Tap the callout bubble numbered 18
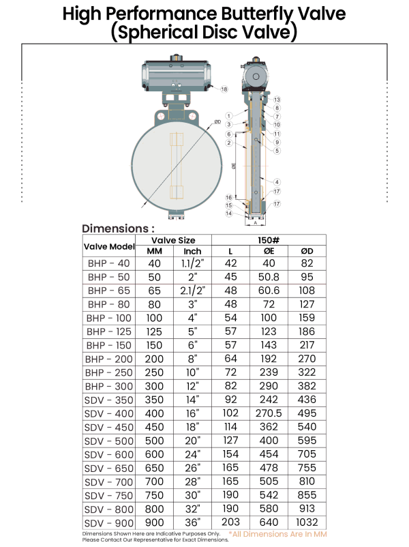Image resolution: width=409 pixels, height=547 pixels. (x=224, y=89)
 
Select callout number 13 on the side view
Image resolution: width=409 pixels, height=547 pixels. (x=277, y=100)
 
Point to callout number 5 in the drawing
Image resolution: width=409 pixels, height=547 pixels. (x=277, y=151)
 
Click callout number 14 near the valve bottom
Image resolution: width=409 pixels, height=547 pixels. (x=229, y=213)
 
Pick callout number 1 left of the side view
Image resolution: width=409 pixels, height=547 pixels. (x=229, y=116)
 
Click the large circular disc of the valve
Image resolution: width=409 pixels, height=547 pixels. (x=177, y=166)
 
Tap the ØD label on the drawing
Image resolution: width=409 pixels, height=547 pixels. (x=217, y=122)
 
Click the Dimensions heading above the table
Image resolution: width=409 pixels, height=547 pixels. (x=118, y=228)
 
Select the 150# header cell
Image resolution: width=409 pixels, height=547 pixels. (x=269, y=240)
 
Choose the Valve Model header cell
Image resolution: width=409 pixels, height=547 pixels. (x=109, y=246)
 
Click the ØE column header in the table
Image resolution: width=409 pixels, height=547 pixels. (x=269, y=251)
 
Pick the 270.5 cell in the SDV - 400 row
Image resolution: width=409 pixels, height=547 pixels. (x=269, y=413)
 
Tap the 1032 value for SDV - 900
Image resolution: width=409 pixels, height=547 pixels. (x=307, y=522)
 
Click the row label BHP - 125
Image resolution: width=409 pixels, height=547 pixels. (x=109, y=331)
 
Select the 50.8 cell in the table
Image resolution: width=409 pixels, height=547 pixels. (x=269, y=277)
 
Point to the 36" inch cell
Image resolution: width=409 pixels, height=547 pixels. (x=192, y=522)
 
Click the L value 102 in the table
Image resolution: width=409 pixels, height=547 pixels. (x=230, y=413)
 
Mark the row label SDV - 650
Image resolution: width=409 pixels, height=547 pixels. (x=109, y=468)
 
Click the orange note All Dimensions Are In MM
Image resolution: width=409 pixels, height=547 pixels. (x=277, y=534)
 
